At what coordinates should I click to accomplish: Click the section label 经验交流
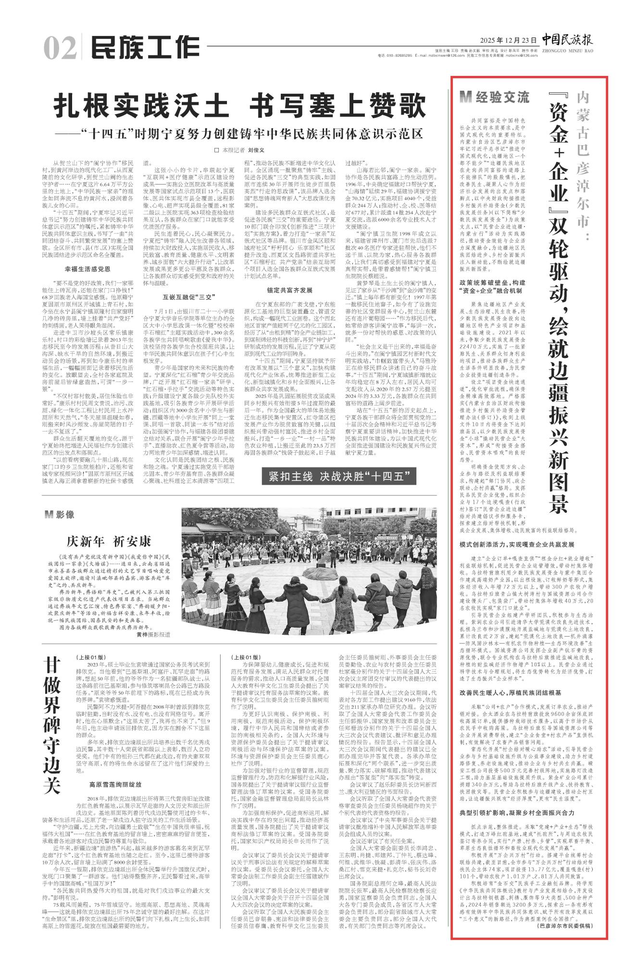click(494, 97)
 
